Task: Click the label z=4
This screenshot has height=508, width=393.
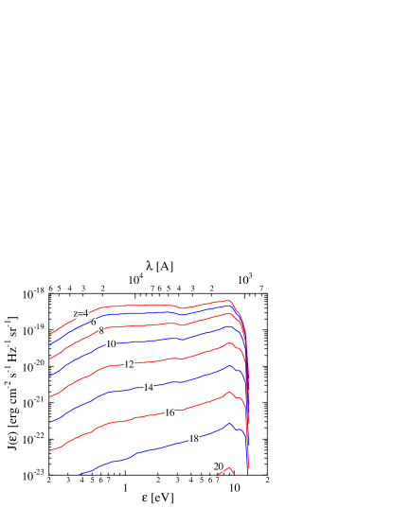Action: pos(81,313)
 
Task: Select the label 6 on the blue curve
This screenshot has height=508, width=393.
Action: pos(93,323)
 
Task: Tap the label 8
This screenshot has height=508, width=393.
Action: pos(101,332)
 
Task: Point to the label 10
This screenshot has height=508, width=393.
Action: pos(111,344)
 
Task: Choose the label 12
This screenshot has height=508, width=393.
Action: pos(129,364)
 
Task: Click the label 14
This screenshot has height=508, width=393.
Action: pos(149,388)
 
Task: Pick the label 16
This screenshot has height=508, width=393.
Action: pos(170,412)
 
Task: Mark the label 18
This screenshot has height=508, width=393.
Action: pos(194,439)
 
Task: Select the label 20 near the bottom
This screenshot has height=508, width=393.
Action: pos(219,466)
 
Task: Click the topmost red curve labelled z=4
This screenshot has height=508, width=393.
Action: pos(142,306)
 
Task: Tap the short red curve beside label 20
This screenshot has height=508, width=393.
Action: pos(229,467)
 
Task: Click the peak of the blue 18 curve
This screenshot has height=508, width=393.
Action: pos(229,423)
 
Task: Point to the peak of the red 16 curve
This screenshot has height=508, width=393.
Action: pos(228,392)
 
